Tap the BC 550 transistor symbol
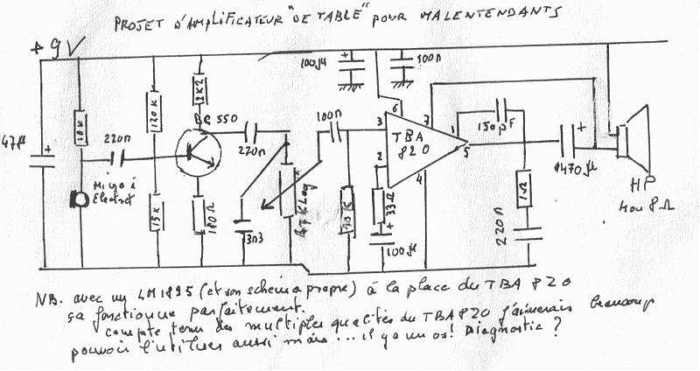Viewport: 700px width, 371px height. pyautogui.click(x=195, y=153)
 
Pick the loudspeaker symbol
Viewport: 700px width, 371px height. pyautogui.click(x=632, y=138)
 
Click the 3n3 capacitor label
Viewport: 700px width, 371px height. pyautogui.click(x=255, y=238)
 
